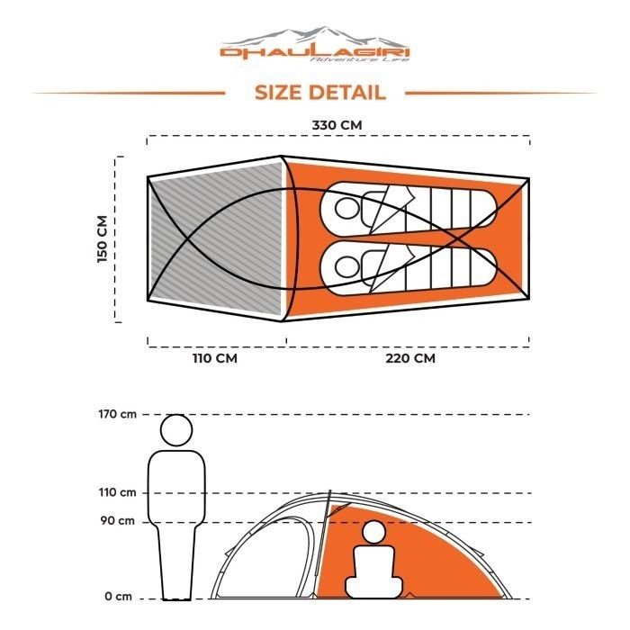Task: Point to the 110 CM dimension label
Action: tap(213, 358)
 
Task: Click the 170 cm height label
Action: tap(118, 414)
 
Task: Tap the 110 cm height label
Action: tap(118, 492)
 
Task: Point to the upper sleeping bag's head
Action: tap(347, 209)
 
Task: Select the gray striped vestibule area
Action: tap(216, 236)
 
